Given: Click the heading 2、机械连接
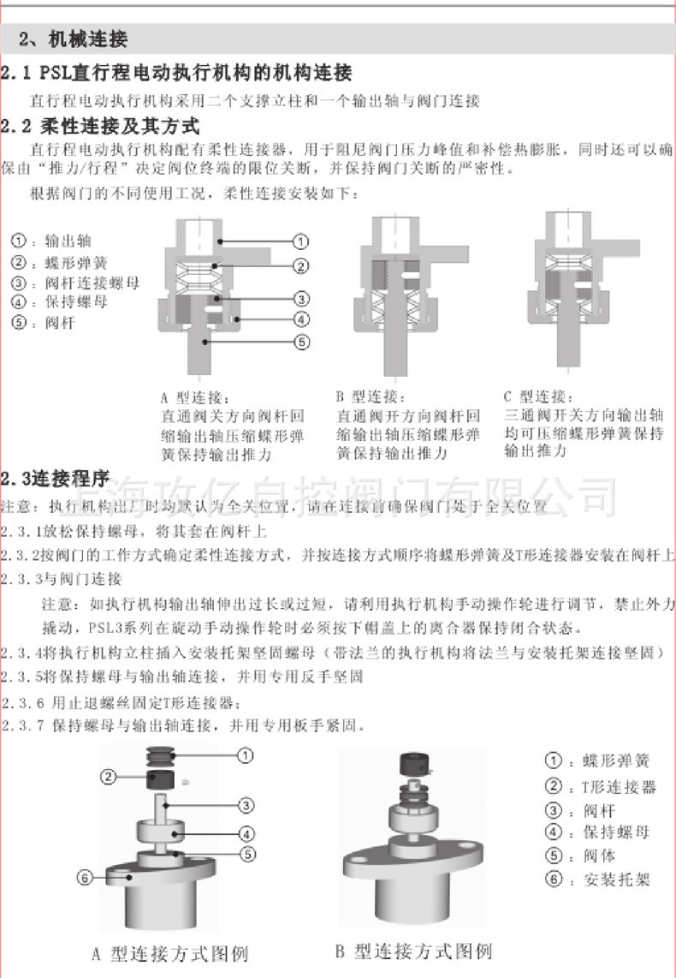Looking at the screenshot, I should point(74,39).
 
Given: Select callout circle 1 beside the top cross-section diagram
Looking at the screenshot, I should point(301,242).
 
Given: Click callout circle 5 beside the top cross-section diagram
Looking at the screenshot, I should point(301,343).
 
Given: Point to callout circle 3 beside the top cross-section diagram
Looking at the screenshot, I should point(301,299).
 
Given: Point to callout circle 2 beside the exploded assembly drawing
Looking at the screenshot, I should point(108,777).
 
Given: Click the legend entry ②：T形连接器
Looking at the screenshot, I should point(601,786).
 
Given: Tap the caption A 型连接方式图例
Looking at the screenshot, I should point(169,952).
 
